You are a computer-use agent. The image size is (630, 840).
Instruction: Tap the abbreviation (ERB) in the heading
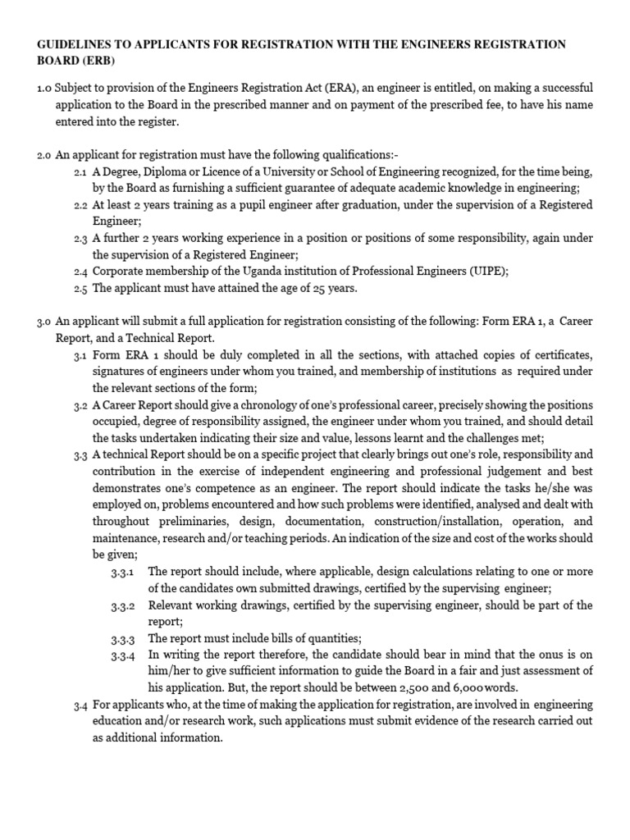[98, 62]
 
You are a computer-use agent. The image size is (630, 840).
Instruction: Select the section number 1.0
[44, 89]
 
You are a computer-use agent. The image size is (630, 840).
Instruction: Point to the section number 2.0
[44, 156]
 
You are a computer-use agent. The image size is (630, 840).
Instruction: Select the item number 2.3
[80, 239]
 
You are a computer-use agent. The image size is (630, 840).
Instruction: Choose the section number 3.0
[44, 322]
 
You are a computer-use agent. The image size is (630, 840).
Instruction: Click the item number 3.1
[80, 355]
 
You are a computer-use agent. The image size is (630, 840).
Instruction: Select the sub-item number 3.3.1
[125, 573]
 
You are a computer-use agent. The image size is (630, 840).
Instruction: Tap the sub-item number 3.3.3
[125, 639]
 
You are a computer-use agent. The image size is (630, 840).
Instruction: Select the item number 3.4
[80, 705]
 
